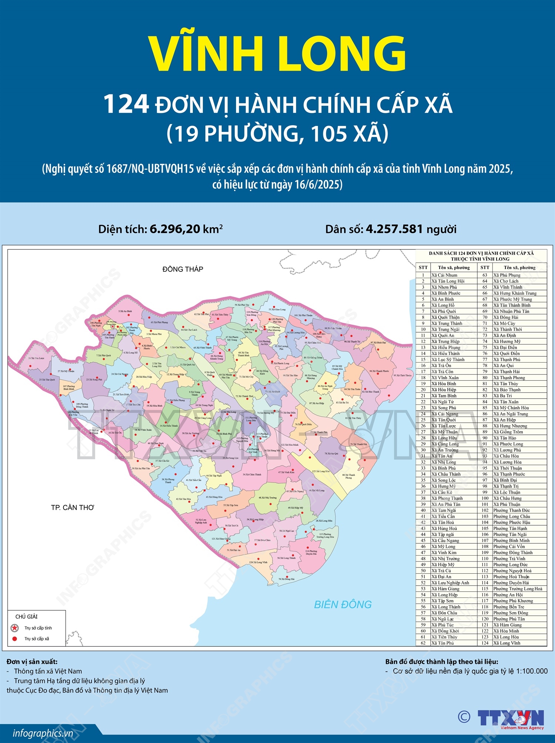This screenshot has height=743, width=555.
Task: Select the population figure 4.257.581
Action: pos(394,229)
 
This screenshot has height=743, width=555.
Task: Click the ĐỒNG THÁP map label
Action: pos(183,269)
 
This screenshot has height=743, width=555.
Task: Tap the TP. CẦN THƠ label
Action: pos(73,507)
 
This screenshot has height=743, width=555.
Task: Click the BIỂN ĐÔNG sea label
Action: pos(343,604)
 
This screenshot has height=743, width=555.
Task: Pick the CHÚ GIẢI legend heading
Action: pos(26,616)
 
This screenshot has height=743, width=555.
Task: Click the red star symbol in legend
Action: pos(14,628)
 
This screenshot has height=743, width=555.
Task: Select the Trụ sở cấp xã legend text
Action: pos(37,639)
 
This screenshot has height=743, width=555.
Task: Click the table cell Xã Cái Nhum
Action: pos(444,275)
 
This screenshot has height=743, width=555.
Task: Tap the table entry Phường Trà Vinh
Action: pos(509,559)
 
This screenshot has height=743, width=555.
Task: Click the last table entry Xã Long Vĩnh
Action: pos(507,643)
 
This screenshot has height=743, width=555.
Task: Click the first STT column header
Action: pos(423,267)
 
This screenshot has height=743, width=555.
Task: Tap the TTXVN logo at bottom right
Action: pos(511,719)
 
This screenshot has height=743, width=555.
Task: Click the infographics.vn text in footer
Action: pos(43,733)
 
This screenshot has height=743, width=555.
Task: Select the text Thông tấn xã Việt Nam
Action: pos(48,671)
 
